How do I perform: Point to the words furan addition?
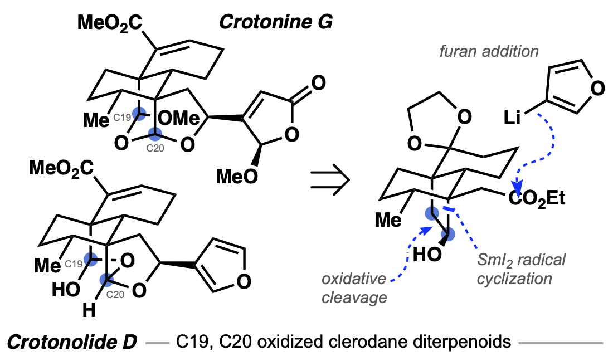click(489, 52)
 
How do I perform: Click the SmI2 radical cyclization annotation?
click(521, 269)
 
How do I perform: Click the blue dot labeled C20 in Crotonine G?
click(155, 134)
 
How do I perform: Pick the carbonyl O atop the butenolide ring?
click(318, 84)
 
